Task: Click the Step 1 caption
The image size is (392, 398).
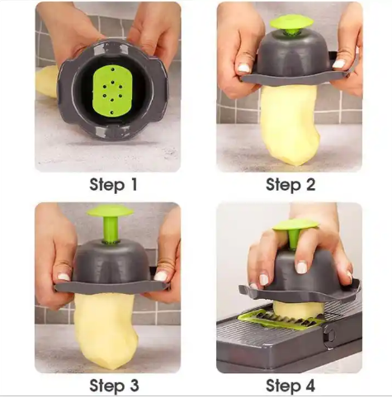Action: click(113, 185)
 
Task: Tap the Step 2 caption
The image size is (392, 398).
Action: click(290, 185)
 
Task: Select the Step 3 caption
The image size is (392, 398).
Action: click(114, 386)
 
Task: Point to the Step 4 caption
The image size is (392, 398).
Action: click(290, 386)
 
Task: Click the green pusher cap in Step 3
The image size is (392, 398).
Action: click(110, 211)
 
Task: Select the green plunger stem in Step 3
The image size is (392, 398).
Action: click(111, 230)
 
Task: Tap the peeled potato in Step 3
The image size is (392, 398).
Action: click(105, 331)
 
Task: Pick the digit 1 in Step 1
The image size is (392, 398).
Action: click(133, 185)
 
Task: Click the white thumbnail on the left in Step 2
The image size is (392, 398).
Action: click(243, 67)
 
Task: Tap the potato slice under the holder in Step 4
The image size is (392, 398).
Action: click(299, 308)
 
